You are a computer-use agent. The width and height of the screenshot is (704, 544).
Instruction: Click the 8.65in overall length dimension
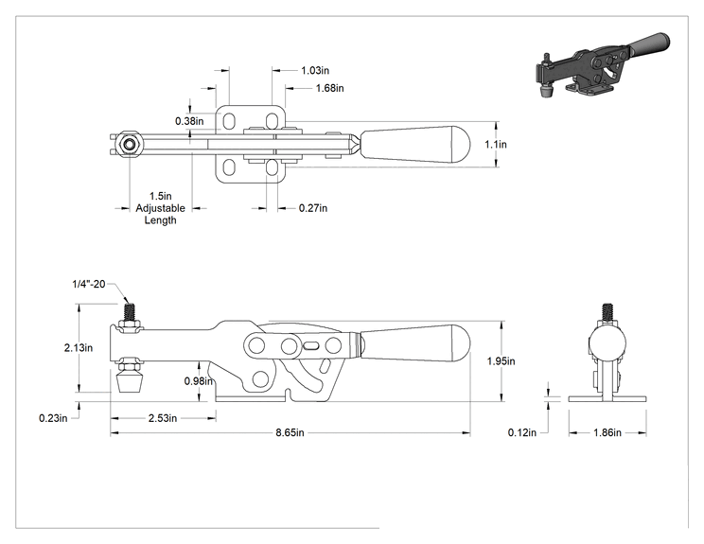tap(290, 432)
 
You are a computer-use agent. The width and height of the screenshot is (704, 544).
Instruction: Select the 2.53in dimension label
tap(163, 418)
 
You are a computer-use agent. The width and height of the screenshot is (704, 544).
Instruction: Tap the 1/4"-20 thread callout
tap(89, 284)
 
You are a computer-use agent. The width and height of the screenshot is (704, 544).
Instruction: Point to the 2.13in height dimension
tap(79, 347)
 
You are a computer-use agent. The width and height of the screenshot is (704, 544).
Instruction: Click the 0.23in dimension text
tap(53, 418)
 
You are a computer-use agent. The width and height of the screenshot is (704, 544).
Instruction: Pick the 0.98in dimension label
tap(199, 381)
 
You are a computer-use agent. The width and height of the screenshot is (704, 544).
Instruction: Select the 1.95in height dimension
tap(502, 360)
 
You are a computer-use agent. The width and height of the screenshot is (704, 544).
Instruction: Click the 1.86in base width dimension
tap(607, 432)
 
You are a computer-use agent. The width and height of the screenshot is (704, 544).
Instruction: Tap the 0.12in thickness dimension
tap(522, 432)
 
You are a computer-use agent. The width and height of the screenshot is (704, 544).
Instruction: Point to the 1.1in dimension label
tap(496, 145)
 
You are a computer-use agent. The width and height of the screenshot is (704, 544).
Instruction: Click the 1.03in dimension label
tap(315, 70)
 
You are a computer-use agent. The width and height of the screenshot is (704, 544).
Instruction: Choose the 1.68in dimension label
tap(330, 88)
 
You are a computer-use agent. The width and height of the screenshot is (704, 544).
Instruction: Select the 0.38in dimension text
tap(189, 121)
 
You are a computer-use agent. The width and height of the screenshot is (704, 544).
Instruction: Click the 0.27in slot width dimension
tap(313, 208)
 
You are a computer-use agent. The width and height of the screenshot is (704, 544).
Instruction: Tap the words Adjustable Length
tap(160, 215)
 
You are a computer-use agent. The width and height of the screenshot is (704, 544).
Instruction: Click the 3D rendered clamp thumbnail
tap(602, 65)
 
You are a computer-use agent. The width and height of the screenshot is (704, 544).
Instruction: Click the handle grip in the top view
tap(415, 145)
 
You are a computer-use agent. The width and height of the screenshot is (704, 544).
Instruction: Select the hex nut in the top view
tap(130, 145)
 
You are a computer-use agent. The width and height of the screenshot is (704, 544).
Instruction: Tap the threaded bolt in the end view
tap(607, 312)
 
